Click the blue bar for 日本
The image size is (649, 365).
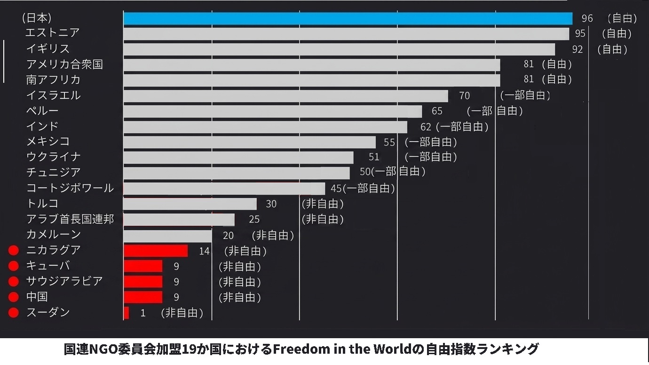click(348, 18)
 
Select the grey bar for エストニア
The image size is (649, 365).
click(346, 34)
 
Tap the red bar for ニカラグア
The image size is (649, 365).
click(156, 251)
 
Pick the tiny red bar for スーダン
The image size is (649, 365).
click(126, 313)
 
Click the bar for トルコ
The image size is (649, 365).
click(190, 204)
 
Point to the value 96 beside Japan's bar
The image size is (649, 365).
click(587, 19)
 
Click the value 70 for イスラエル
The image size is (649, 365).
click(464, 96)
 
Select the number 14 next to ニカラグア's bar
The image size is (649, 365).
click(204, 251)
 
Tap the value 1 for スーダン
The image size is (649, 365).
click(143, 313)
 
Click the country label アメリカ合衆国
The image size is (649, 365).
click(64, 64)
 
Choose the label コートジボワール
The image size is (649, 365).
click(70, 188)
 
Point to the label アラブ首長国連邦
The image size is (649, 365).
click(70, 219)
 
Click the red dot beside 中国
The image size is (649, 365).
click(14, 297)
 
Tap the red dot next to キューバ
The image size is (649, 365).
click(14, 266)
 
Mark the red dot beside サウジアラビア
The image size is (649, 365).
click(14, 282)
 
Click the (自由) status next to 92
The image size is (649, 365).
click(612, 49)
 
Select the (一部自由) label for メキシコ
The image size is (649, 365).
click(431, 142)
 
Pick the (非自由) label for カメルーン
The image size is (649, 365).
click(273, 235)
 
